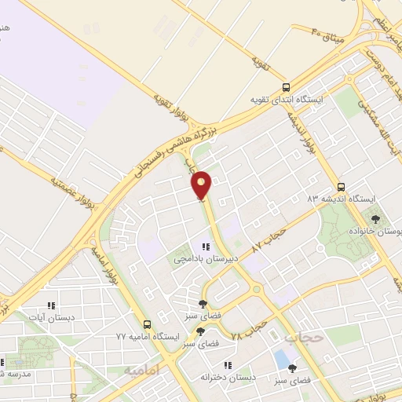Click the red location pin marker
coord(203,185)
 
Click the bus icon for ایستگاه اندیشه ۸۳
coord(340,187)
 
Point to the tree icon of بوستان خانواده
coord(375,219)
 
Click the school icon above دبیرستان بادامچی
coord(206,247)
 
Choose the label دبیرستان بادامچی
coord(201,258)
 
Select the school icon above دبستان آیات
coord(51,305)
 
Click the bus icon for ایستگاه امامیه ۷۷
coord(146,324)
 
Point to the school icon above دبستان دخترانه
coord(228,364)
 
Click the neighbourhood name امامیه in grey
coord(142,369)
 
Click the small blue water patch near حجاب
coord(281,359)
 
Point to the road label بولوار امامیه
coord(104,263)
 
